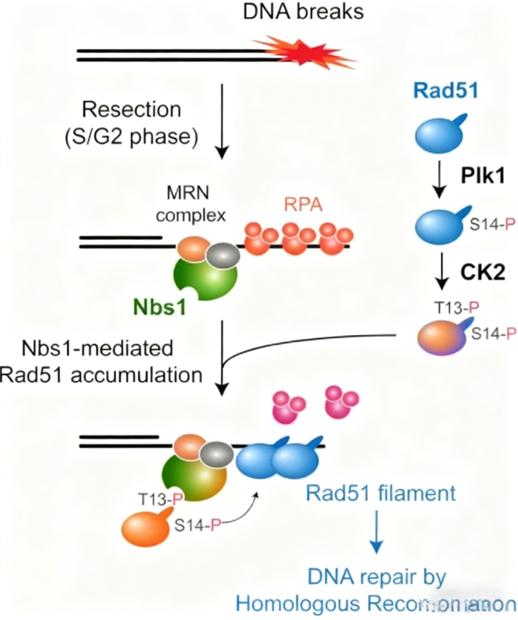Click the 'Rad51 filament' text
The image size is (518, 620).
pyautogui.click(x=381, y=493)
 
